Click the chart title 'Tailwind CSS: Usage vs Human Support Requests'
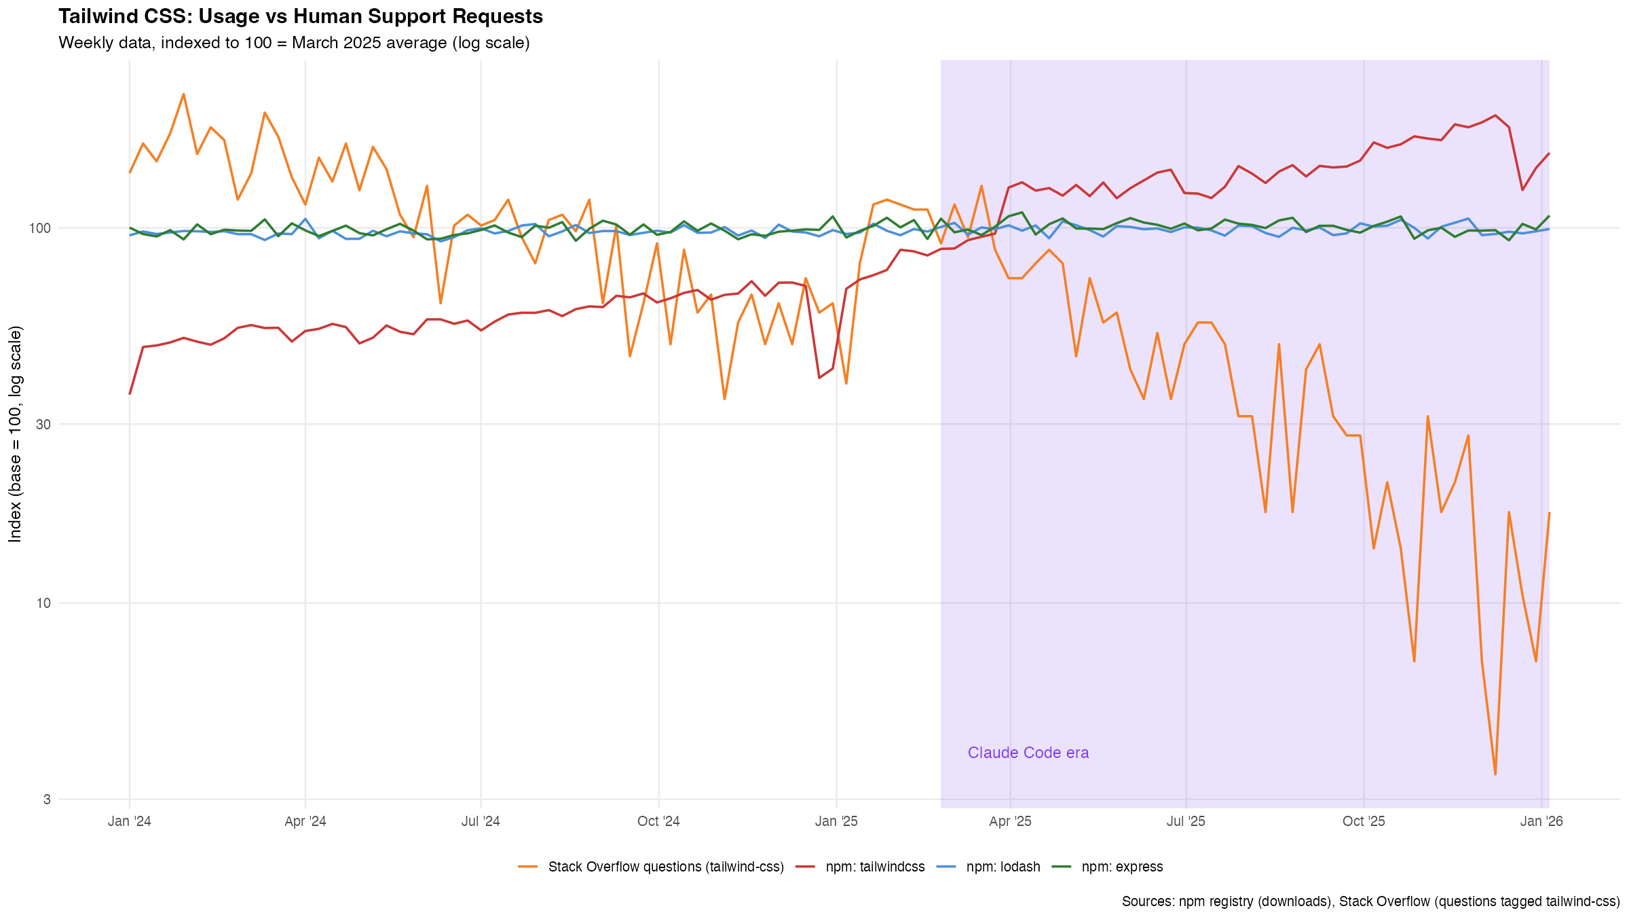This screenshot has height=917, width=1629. (301, 16)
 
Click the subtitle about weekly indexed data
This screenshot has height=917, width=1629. (294, 43)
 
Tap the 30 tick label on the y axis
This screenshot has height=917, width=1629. (43, 425)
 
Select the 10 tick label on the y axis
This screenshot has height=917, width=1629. (43, 603)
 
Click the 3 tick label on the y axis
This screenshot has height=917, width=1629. (47, 799)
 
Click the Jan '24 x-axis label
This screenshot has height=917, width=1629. (129, 821)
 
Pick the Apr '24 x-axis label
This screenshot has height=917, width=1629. (305, 821)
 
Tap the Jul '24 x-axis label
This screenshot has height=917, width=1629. (481, 821)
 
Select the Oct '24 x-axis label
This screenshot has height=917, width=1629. (658, 821)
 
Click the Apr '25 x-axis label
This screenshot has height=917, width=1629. (1010, 821)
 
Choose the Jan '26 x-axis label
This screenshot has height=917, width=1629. (1541, 821)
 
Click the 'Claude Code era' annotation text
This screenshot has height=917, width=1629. (1028, 753)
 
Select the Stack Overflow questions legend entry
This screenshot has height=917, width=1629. (665, 867)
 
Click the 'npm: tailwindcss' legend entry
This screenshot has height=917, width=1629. (875, 867)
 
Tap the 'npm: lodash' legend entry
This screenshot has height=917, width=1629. (1003, 867)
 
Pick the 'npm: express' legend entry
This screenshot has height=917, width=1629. (1121, 867)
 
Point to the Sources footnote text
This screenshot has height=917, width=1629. (1370, 901)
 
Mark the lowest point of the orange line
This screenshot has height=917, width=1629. (1495, 774)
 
